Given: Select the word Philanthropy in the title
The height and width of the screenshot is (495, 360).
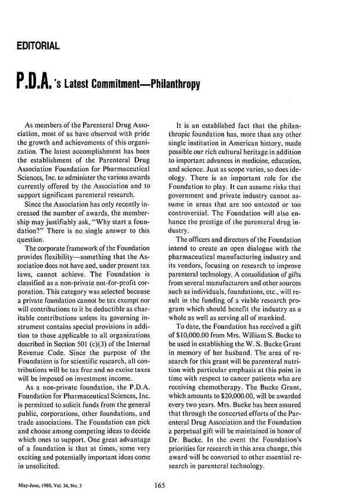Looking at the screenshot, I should point(172,85).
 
